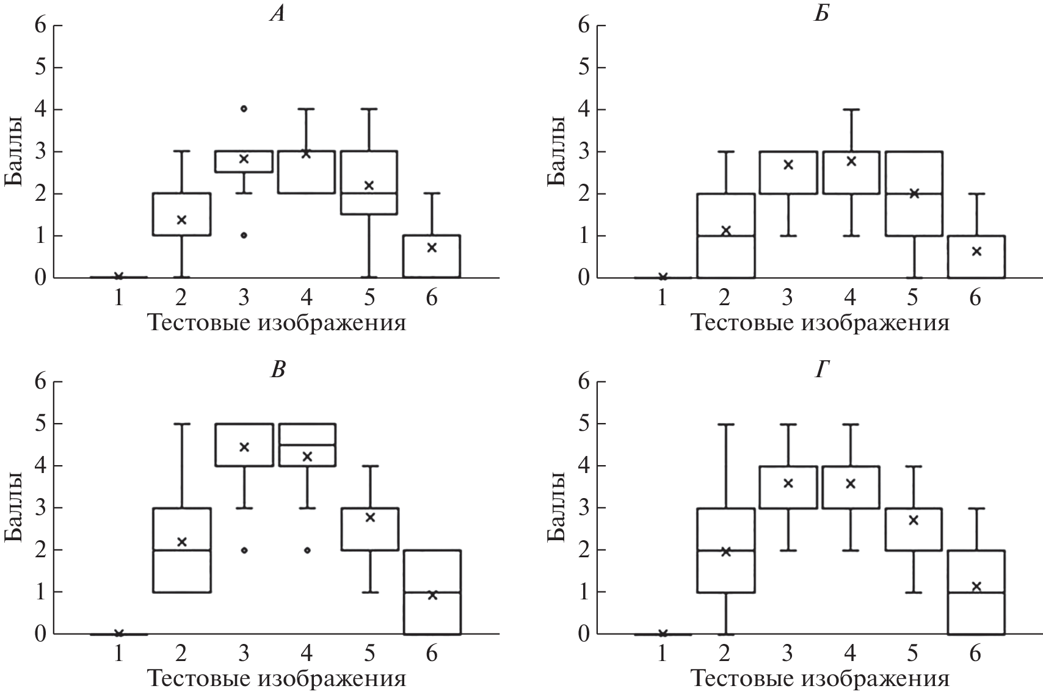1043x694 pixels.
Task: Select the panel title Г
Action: coord(821,370)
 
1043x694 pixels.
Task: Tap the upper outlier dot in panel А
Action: coord(244,109)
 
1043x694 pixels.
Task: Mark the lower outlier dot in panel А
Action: coord(244,235)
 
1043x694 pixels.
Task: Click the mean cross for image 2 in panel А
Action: coord(181,220)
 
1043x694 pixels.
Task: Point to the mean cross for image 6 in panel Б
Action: coord(976,251)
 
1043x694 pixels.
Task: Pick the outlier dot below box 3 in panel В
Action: coord(244,550)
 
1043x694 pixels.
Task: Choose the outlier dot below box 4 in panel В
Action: coord(307,550)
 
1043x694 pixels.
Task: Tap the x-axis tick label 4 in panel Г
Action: coord(850,654)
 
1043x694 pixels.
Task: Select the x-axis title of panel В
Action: coord(277,679)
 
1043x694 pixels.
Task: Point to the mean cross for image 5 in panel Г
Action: coord(914,520)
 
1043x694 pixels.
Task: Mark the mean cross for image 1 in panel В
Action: coord(118,633)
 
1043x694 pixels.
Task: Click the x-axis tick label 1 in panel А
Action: coord(118,298)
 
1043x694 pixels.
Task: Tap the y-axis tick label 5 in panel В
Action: coord(40,424)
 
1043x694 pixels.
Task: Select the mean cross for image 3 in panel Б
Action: coord(788,164)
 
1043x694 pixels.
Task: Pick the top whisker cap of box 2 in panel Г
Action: coord(725,424)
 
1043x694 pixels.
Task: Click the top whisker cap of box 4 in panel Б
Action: coord(851,109)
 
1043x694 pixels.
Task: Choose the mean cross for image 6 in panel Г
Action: coord(976,587)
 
